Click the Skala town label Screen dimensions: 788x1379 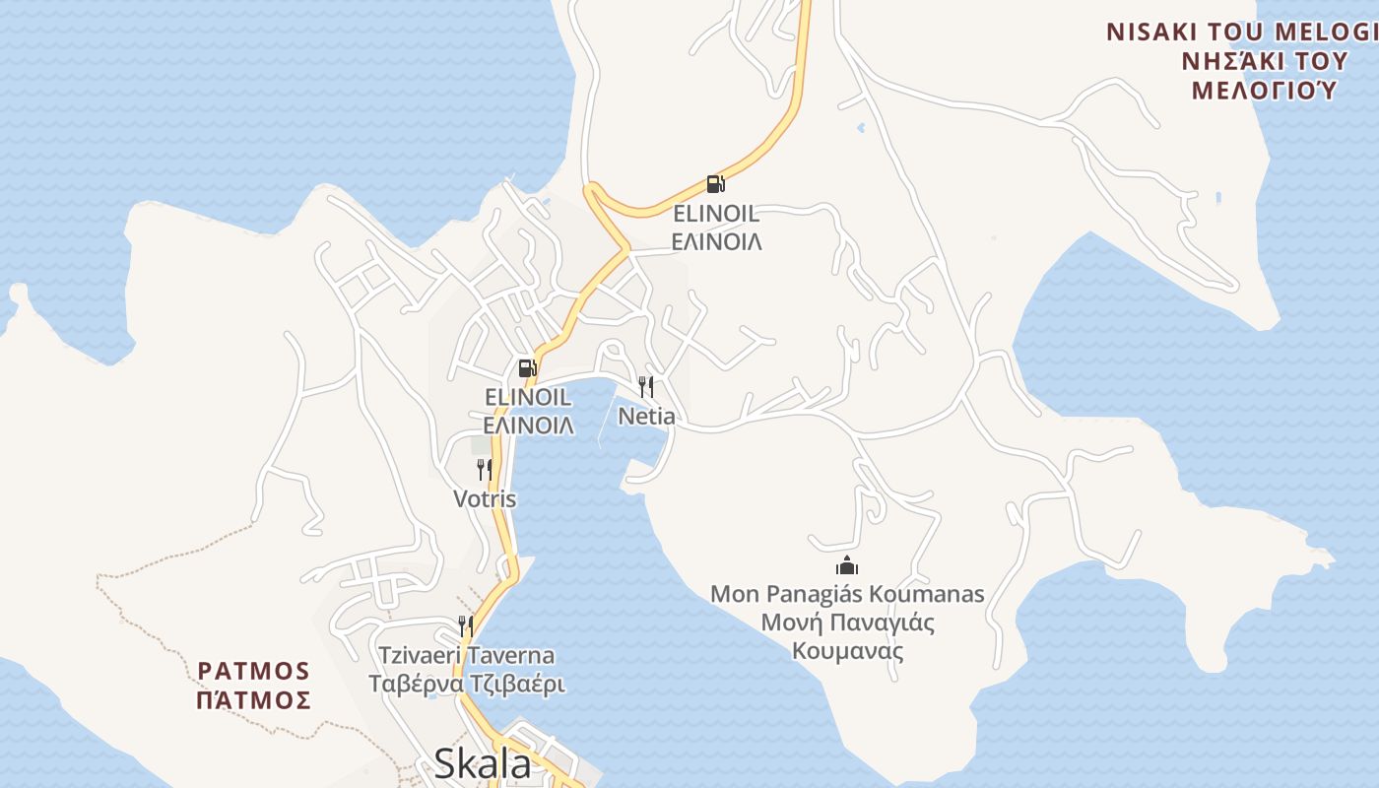[482, 763]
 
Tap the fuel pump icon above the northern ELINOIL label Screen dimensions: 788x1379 [715, 183]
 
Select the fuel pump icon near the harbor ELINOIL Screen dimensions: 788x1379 [527, 368]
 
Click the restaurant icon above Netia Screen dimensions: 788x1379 [646, 386]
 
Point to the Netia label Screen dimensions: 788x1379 [646, 417]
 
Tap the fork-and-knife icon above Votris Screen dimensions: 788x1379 [484, 469]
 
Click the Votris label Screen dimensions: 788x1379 [485, 499]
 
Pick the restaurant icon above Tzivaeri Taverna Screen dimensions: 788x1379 [465, 625]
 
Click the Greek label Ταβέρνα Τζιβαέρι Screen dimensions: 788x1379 [467, 685]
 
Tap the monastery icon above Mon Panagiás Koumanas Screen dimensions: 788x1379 [847, 565]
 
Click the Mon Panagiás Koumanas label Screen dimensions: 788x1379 [847, 594]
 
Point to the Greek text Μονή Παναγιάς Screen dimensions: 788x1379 [847, 623]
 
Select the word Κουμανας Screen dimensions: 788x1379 [847, 651]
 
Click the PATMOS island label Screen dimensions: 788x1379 [254, 672]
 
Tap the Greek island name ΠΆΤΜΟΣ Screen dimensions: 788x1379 [254, 701]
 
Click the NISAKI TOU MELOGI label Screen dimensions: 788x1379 [1241, 32]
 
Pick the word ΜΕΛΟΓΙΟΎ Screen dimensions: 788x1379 [1264, 91]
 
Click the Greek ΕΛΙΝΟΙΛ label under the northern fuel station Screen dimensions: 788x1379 [716, 242]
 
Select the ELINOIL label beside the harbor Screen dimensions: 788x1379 [528, 397]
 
